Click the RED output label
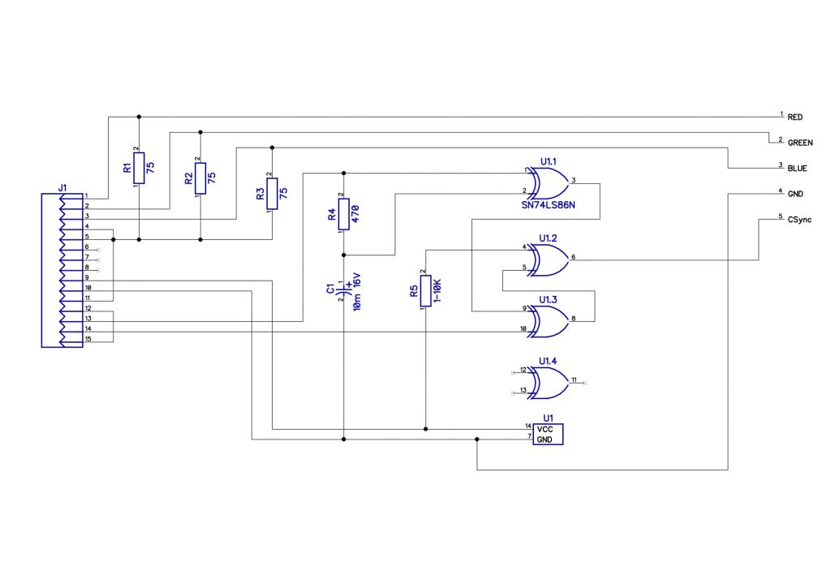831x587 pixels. coord(794,117)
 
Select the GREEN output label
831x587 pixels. coord(799,143)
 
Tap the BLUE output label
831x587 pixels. coord(797,169)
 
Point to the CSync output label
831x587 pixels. coord(799,219)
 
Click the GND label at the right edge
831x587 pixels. coord(795,194)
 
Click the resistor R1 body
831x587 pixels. coord(139,168)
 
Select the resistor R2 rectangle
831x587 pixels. coord(200,178)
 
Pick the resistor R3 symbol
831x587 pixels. coord(272,194)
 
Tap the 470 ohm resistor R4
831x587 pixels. coord(344,214)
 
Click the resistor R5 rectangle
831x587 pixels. coord(425,291)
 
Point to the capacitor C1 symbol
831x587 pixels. coord(344,290)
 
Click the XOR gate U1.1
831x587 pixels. coord(550,183)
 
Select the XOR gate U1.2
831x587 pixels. coord(550,260)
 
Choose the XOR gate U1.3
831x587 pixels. coord(550,321)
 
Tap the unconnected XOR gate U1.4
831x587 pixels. coord(550,383)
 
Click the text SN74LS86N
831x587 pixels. coord(548,205)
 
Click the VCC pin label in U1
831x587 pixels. coord(545,429)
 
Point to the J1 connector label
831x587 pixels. coord(62,188)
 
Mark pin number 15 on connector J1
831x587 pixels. coord(88,339)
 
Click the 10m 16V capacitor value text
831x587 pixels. coord(357,292)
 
